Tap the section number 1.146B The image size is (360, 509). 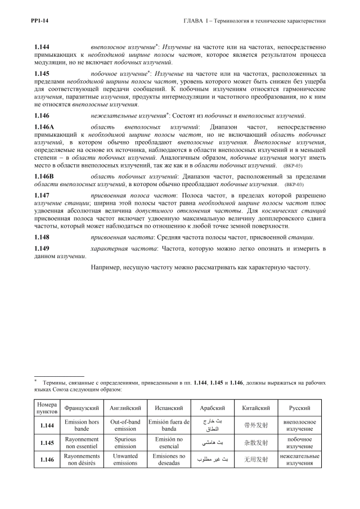[x=44, y=176]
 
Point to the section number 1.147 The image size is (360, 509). [x=42, y=194]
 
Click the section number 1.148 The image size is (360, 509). [x=42, y=237]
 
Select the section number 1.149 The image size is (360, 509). [x=42, y=248]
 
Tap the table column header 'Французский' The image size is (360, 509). [x=82, y=408]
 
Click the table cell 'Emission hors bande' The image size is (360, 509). [x=82, y=426]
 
